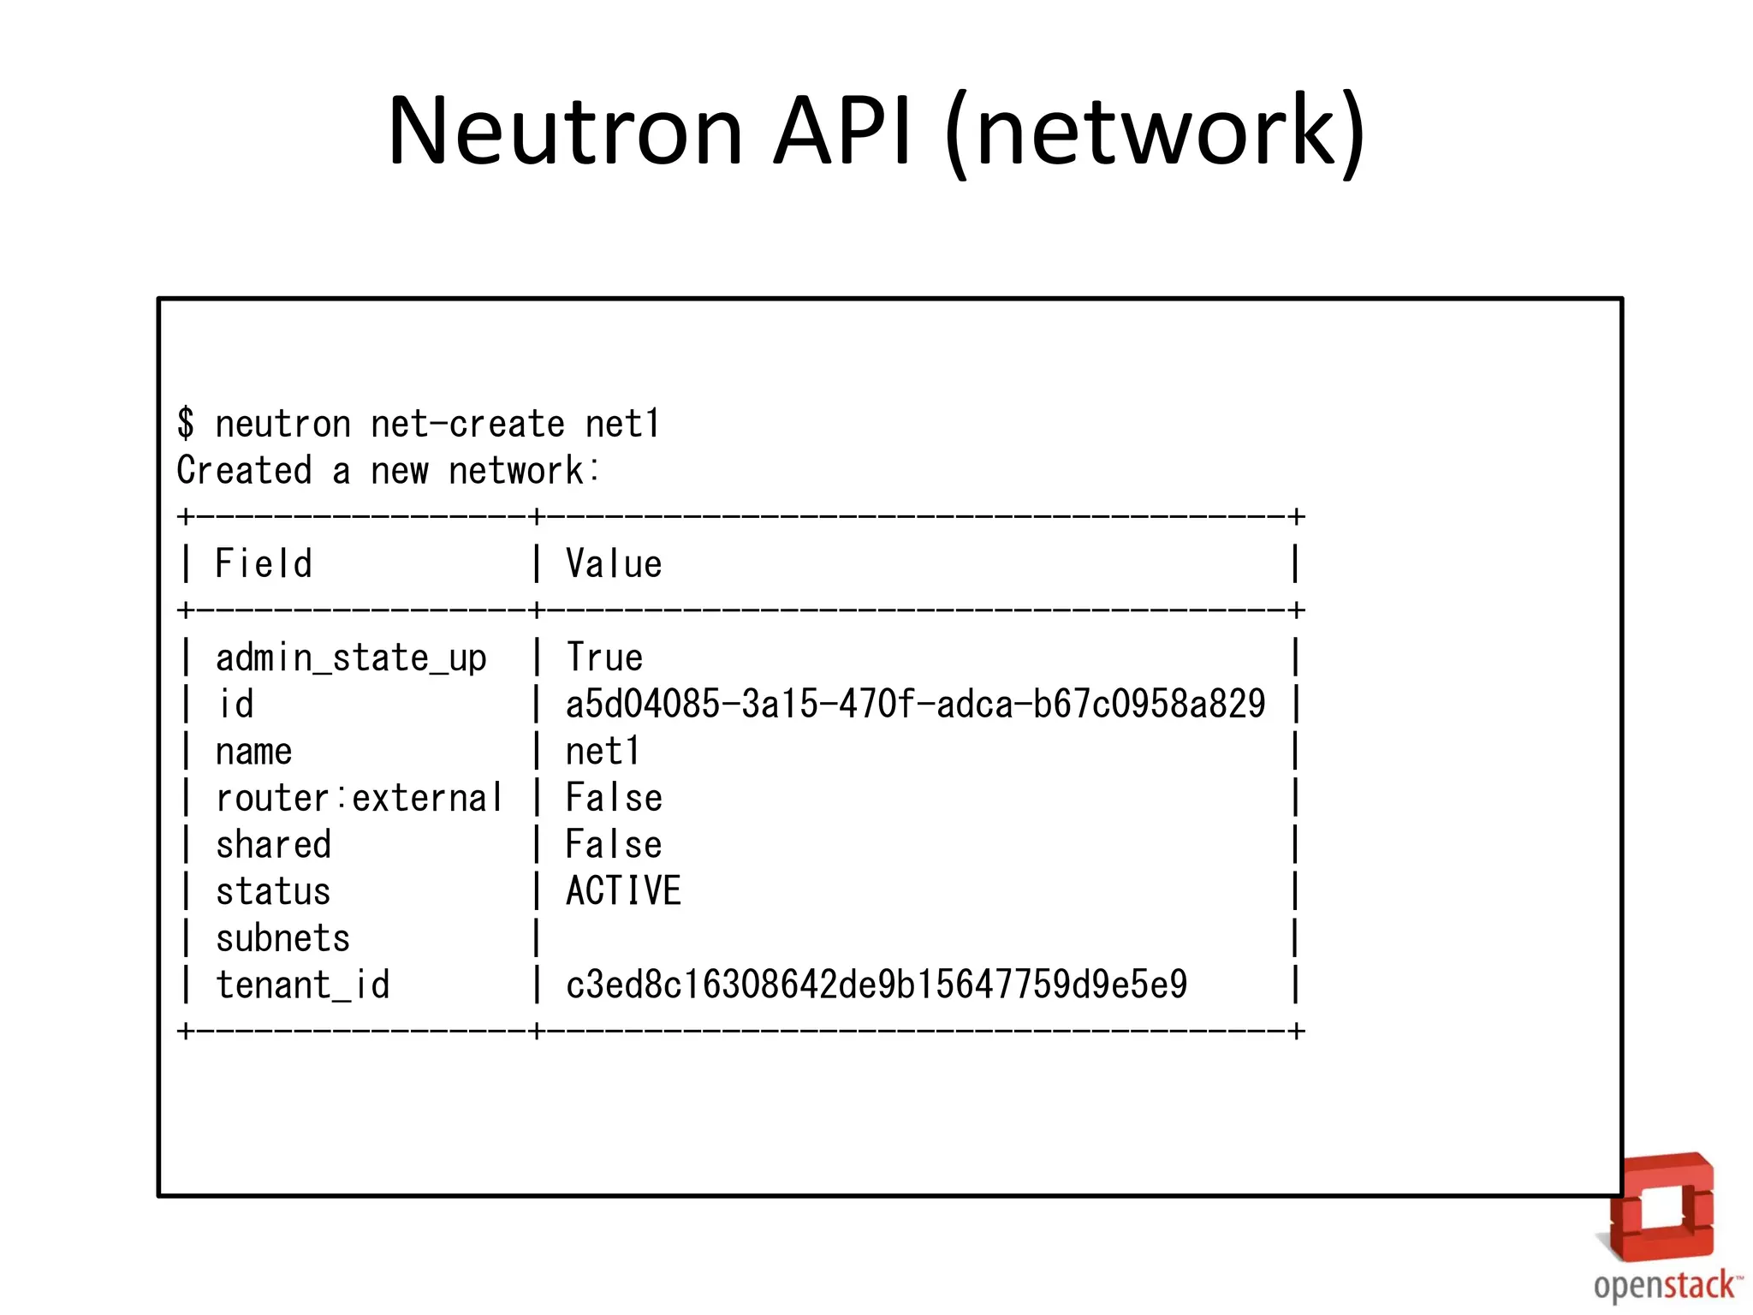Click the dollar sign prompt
click(x=186, y=424)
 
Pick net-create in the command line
click(x=467, y=425)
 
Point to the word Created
click(x=244, y=471)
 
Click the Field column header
click(x=264, y=564)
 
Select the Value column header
click(x=614, y=564)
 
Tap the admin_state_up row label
click(x=351, y=658)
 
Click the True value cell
click(x=604, y=658)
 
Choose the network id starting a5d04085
click(x=915, y=705)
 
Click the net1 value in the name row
click(x=603, y=752)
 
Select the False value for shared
click(x=614, y=845)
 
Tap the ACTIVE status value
click(x=623, y=891)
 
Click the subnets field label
click(x=282, y=939)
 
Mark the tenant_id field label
click(x=302, y=985)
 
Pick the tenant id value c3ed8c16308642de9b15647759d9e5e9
click(x=876, y=985)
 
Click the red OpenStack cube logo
click(x=1661, y=1208)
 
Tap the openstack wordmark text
click(x=1665, y=1286)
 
